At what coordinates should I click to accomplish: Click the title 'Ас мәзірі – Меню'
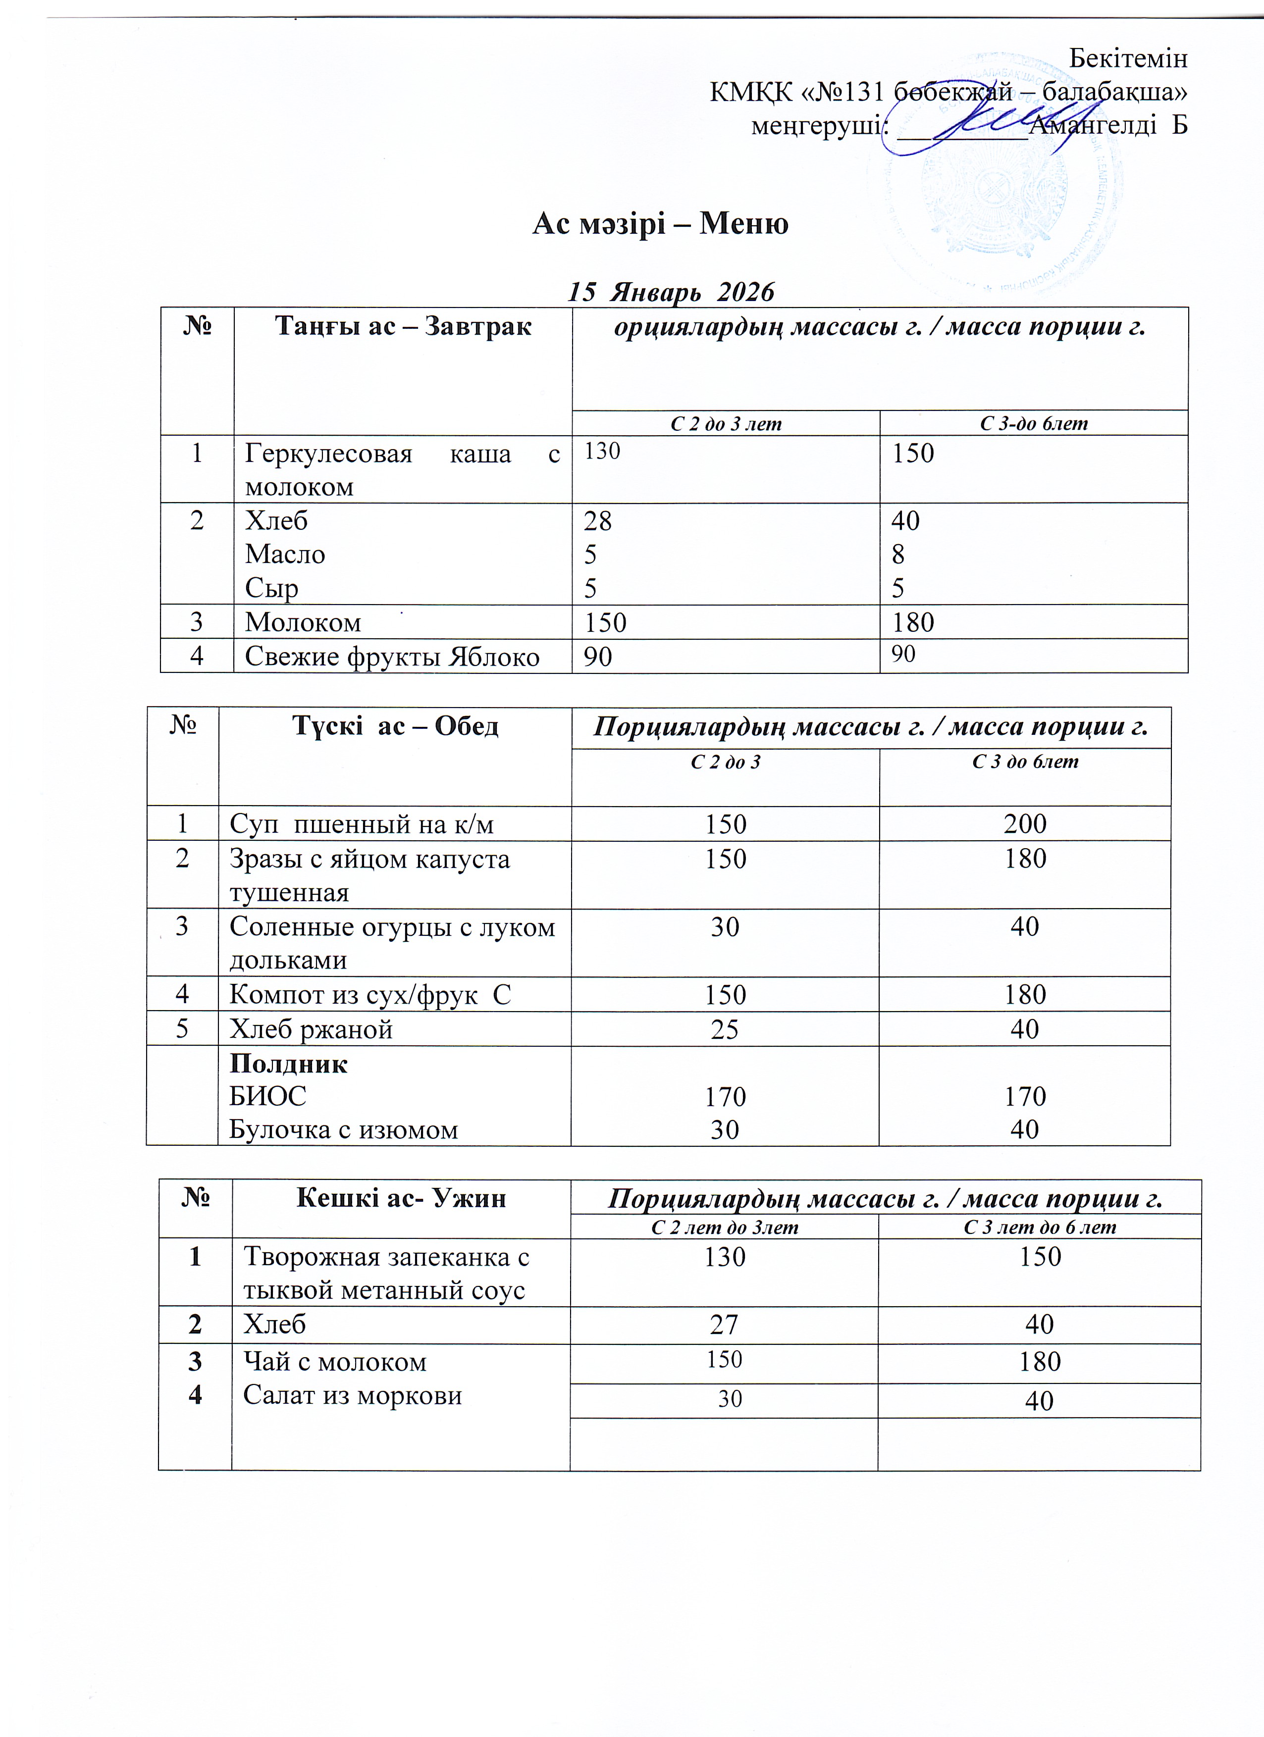[x=660, y=224]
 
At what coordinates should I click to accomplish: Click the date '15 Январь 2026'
[x=670, y=292]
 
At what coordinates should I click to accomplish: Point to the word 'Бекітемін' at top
[x=1128, y=58]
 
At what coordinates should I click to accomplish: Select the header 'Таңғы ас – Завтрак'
[x=403, y=327]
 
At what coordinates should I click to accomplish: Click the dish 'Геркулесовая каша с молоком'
[x=402, y=469]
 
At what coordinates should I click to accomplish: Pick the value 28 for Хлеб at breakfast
[x=597, y=521]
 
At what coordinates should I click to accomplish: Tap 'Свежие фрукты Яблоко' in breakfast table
[x=392, y=657]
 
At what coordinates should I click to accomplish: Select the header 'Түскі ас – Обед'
[x=395, y=725]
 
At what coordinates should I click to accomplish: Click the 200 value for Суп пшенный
[x=1025, y=824]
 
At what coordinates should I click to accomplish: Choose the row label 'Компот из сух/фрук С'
[x=370, y=994]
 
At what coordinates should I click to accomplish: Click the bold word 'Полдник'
[x=289, y=1064]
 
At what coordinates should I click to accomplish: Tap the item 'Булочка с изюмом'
[x=344, y=1129]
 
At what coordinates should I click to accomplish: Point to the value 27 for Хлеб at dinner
[x=724, y=1324]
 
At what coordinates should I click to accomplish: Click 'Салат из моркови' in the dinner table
[x=352, y=1395]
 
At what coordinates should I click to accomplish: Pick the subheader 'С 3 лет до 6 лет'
[x=1040, y=1227]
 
